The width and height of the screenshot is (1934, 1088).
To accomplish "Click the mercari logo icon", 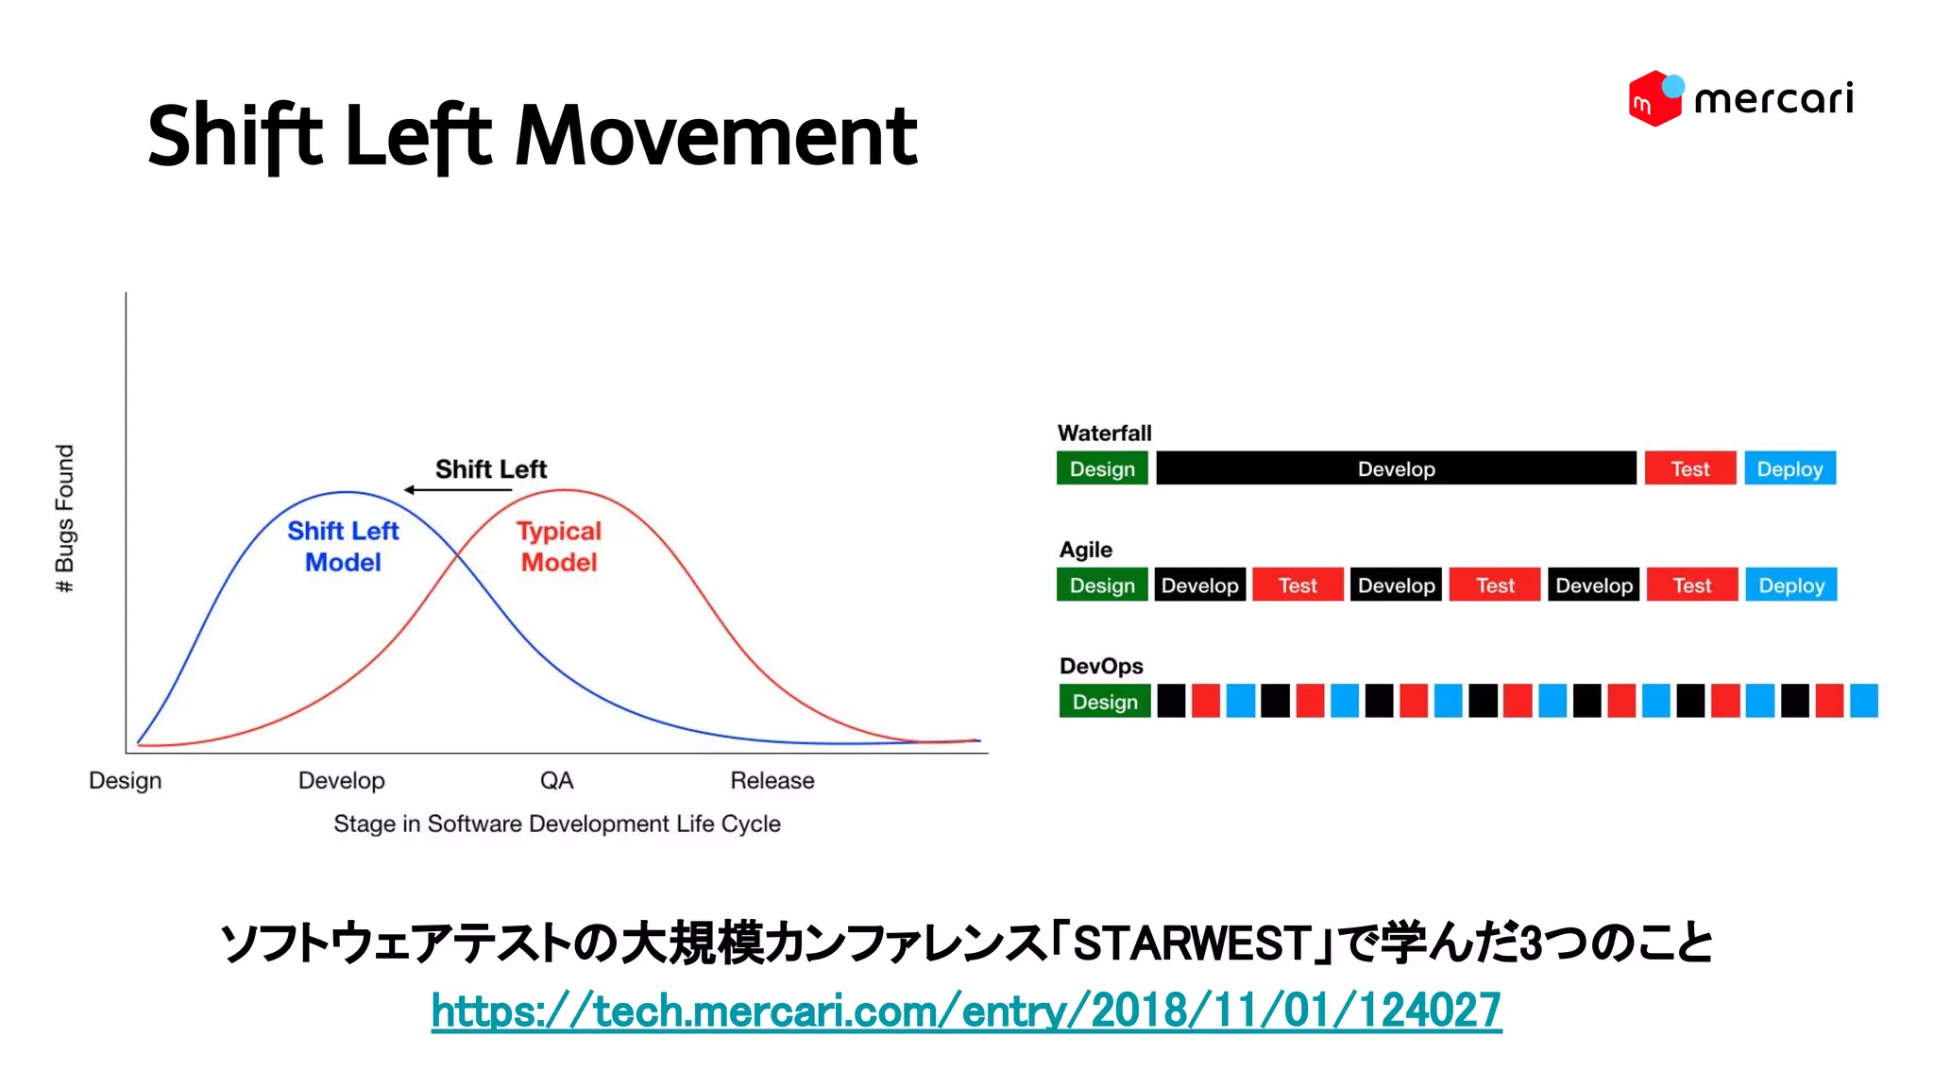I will coord(1654,98).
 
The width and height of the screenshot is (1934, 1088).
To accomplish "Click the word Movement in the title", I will coord(716,136).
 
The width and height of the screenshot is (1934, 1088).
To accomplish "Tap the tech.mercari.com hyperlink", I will coord(965,1011).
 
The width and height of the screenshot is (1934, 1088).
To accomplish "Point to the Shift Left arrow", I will coord(457,489).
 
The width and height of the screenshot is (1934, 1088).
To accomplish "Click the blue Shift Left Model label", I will coord(343,546).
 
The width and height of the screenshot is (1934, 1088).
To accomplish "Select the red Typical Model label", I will coord(559,546).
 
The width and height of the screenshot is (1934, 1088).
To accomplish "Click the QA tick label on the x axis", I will coord(556,781).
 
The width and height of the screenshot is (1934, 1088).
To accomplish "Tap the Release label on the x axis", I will coord(772,781).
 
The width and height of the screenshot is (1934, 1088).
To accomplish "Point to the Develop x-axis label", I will coord(341,781).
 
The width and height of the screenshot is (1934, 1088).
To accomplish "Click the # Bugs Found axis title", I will coord(64,518).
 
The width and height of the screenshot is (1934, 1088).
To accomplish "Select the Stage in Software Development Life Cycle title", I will coord(557,824).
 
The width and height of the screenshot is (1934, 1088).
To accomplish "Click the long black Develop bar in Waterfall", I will coord(1396,468).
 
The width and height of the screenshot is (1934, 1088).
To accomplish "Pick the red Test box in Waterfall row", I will coord(1689,468).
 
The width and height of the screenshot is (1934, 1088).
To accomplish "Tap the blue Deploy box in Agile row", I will coord(1790,586).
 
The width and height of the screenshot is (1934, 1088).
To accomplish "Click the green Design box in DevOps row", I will coord(1104,702).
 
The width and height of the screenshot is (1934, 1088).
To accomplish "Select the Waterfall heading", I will coord(1104,433).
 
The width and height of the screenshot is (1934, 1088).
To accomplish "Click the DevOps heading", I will coord(1101,666).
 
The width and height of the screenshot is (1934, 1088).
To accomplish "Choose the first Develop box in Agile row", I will coord(1199,586).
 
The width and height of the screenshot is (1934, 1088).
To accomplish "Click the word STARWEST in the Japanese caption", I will coord(1190,943).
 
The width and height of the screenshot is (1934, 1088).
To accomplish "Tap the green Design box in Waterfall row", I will coord(1102,468).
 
